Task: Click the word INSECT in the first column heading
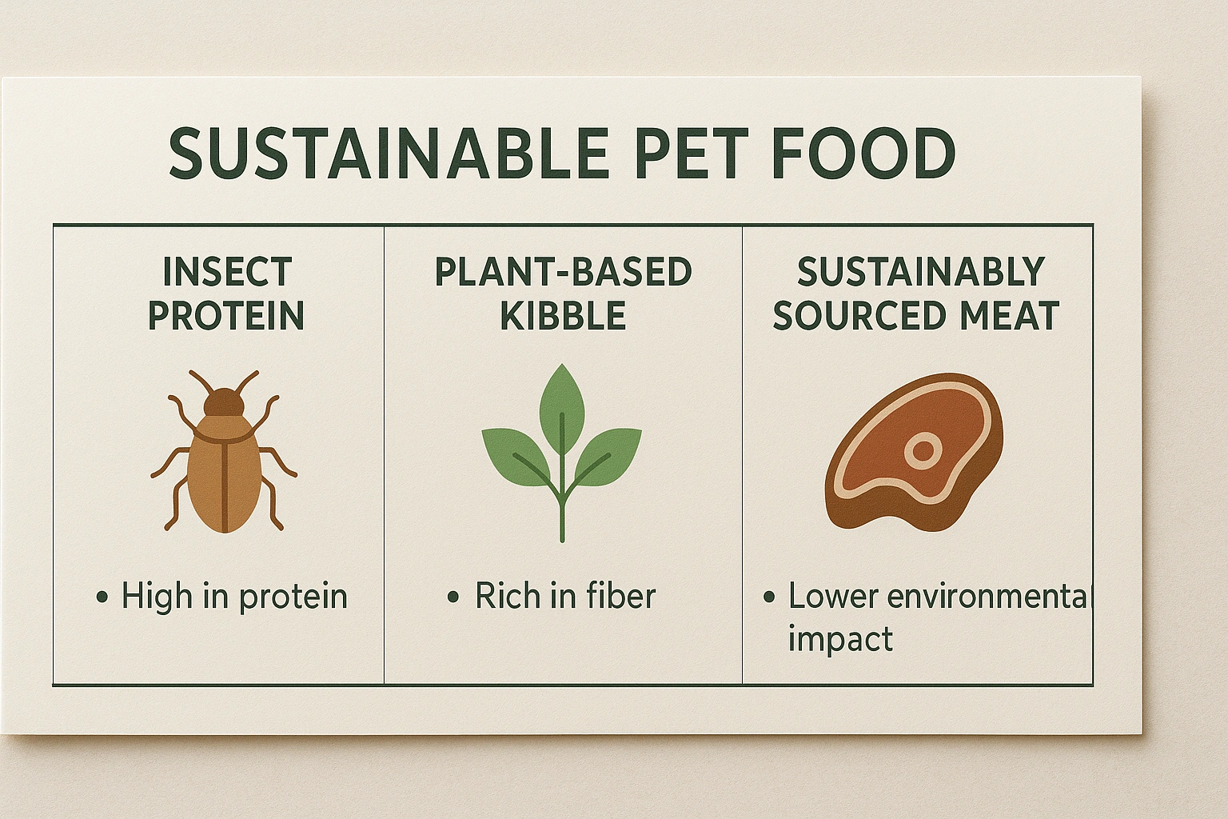(x=226, y=272)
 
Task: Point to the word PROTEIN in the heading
(x=226, y=315)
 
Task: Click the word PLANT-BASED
(x=563, y=272)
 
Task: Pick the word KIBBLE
(x=563, y=315)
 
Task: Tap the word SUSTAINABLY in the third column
(x=920, y=272)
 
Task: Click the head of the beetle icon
(x=224, y=402)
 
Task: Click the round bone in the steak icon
(x=923, y=450)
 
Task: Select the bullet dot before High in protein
(x=102, y=597)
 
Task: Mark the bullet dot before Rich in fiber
(x=453, y=597)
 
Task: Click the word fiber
(x=624, y=596)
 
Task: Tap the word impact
(x=840, y=639)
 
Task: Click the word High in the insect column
(x=157, y=597)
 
